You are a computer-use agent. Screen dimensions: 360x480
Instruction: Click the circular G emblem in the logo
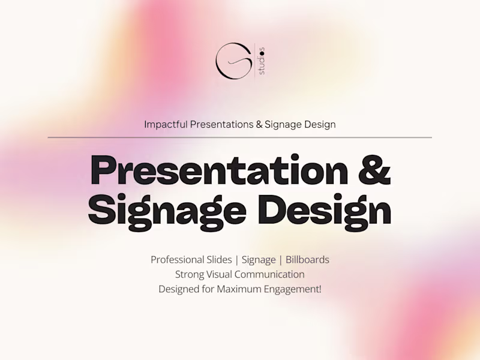click(x=233, y=61)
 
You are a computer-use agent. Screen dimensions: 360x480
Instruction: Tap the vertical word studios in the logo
click(x=262, y=61)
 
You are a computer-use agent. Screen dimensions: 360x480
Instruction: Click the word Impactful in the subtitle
click(x=166, y=124)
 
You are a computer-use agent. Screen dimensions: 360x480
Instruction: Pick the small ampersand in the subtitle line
click(x=258, y=124)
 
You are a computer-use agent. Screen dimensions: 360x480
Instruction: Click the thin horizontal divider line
click(x=240, y=137)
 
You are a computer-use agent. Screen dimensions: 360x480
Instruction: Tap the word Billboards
click(x=307, y=260)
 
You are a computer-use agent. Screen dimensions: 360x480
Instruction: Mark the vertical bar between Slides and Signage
click(x=237, y=260)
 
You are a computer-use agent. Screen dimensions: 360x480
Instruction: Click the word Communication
click(x=270, y=274)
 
